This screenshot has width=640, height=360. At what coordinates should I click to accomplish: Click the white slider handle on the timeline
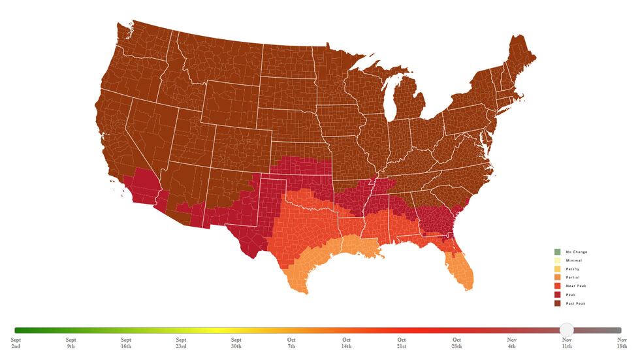pos(566,330)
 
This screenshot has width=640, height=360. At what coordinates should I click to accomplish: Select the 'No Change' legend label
pos(576,252)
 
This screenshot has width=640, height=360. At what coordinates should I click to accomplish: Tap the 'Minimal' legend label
pos(573,261)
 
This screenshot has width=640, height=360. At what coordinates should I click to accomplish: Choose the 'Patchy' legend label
pos(572,269)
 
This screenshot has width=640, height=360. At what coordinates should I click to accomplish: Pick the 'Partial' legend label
pos(572,278)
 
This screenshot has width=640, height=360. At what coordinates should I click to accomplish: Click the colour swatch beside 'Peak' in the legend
pos(557,295)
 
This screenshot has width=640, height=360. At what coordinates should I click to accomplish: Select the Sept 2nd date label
pos(16,343)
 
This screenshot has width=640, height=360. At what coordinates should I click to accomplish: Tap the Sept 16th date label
pos(126,343)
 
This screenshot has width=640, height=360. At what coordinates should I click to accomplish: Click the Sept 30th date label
pos(236,343)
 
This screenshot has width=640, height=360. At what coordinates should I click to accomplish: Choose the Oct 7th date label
pos(292,343)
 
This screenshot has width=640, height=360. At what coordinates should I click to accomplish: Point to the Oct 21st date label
pos(402,343)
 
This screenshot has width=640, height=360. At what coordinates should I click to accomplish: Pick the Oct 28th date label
pos(457,343)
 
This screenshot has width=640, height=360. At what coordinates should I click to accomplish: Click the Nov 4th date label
pos(513,343)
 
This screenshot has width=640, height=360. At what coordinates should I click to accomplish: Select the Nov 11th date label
pos(568,343)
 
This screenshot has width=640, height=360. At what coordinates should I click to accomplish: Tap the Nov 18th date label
pos(622,343)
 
